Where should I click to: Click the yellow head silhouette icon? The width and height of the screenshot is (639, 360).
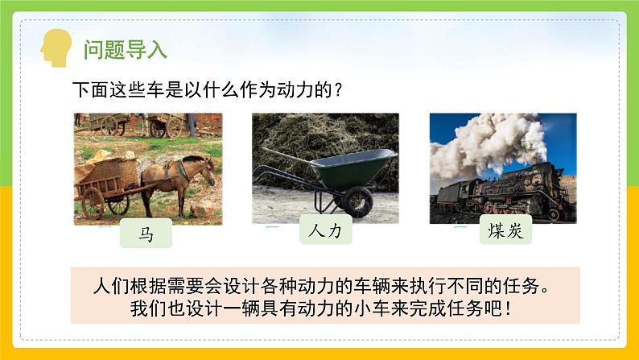tap(56, 48)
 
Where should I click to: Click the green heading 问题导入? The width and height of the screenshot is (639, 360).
tap(126, 50)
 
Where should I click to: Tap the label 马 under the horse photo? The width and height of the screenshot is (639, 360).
tap(146, 234)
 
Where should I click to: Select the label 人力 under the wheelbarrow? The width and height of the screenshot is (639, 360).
tap(326, 230)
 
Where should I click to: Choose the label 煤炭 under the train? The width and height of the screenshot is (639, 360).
tap(505, 230)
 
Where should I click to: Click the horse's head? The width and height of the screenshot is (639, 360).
tap(207, 171)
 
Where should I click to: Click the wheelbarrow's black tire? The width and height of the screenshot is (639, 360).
tap(358, 202)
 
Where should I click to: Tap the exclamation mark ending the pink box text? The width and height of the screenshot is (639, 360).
tap(507, 308)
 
